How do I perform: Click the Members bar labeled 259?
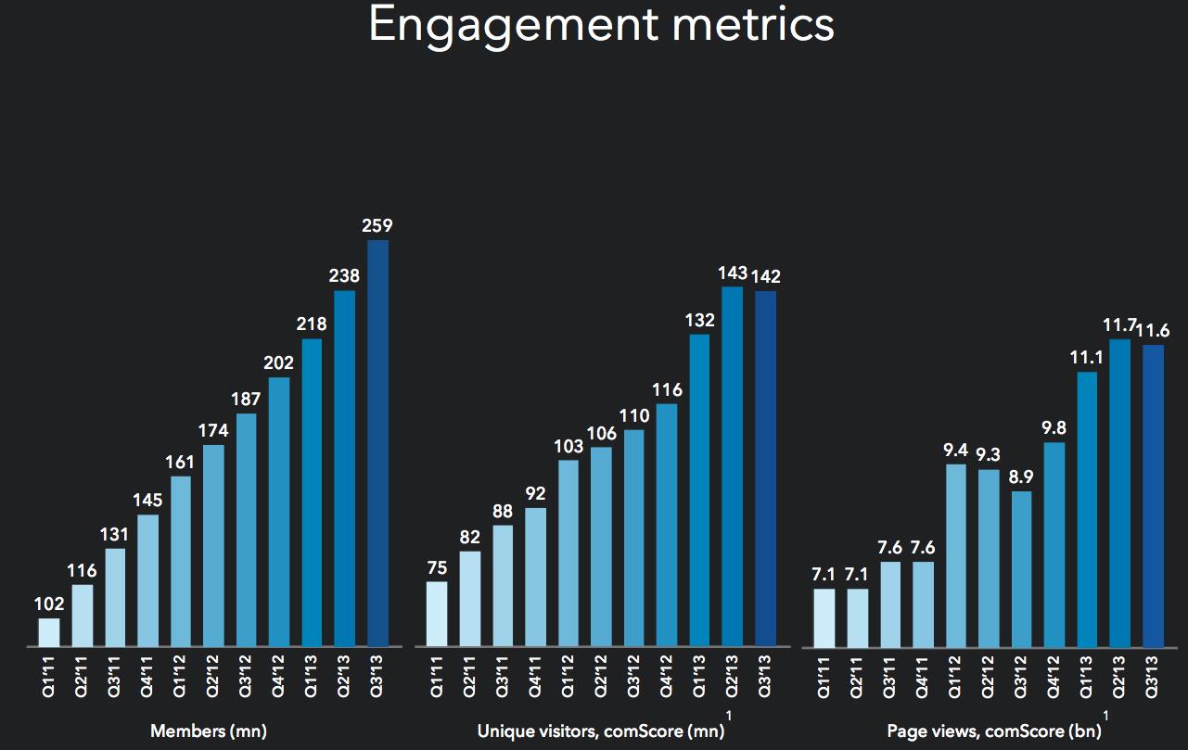(378, 443)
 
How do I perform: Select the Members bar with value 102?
(49, 632)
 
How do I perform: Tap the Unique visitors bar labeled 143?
(732, 466)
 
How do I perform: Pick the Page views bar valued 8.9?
(1021, 568)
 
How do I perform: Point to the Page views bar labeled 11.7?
(1120, 492)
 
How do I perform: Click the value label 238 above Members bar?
(345, 275)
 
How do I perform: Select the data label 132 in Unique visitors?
(699, 320)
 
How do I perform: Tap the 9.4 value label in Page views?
(955, 450)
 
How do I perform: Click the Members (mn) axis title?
(208, 731)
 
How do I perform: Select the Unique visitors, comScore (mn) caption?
(601, 731)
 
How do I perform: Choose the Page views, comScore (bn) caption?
(992, 731)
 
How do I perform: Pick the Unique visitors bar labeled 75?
(437, 614)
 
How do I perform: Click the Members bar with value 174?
(213, 545)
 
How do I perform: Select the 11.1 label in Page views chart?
(1087, 357)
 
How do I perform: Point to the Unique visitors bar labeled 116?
(666, 525)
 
